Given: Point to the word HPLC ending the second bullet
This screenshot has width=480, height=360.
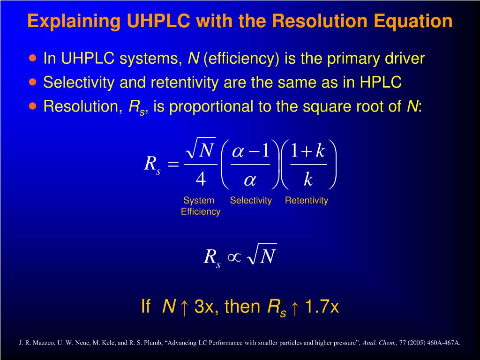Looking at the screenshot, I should coord(381,82).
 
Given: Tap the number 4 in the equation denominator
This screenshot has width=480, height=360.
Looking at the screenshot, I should coord(201,179).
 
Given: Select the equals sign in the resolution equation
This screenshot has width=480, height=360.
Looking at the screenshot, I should coord(173,164).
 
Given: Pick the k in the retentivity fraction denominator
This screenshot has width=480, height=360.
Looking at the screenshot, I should coord(308,179).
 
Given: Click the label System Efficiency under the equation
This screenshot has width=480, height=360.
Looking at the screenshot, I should coord(200,206).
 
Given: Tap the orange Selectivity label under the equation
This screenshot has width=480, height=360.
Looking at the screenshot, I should coord(251,201).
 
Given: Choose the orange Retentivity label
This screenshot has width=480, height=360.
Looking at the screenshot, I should coord(307,201).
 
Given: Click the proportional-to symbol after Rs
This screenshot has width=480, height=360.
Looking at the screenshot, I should coord(234,256).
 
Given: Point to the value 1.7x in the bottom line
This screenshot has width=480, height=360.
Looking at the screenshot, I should coord(322,307).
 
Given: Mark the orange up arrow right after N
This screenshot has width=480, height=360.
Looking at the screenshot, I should coord(184,307).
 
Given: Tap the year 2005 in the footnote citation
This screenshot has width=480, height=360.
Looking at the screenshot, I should coord(418,343).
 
